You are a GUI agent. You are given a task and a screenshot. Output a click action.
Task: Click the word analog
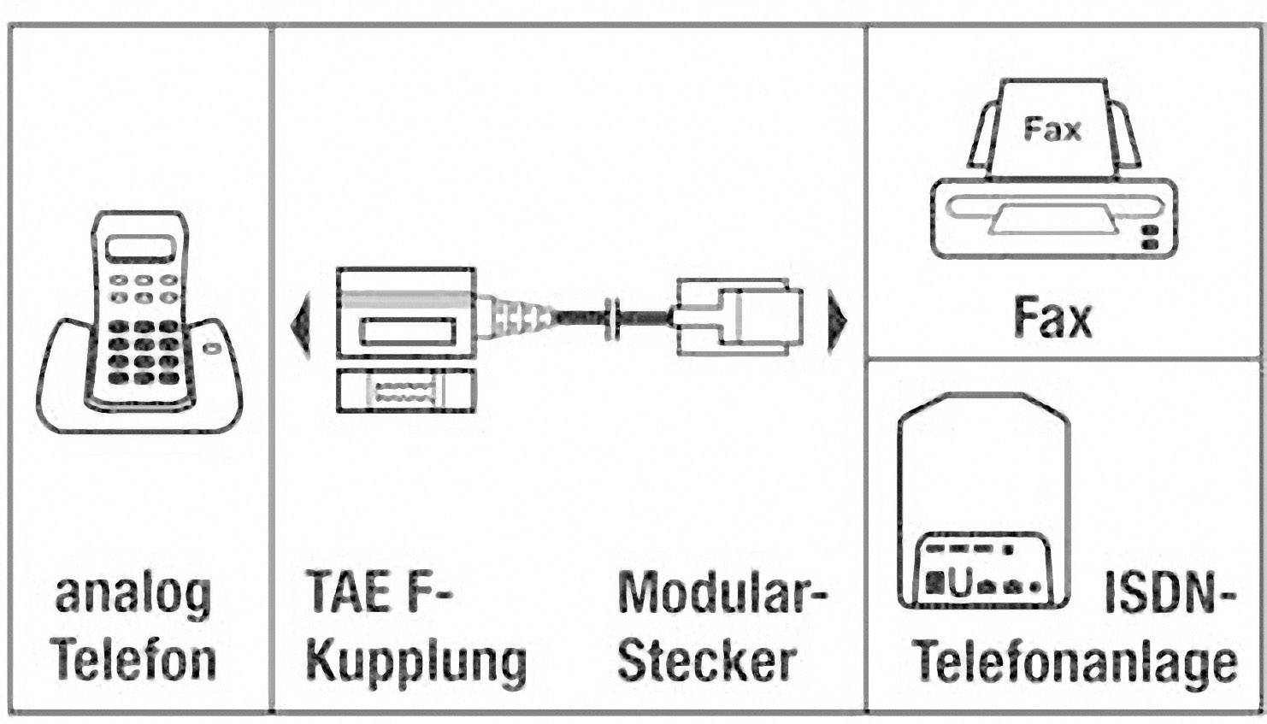coord(133,595)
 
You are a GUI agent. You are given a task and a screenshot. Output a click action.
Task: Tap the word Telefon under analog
coord(133,661)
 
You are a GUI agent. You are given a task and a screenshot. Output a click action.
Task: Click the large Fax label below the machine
coord(1052,317)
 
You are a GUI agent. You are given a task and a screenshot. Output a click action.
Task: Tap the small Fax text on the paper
coord(1052,130)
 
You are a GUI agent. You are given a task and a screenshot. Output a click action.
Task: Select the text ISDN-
coord(1170,592)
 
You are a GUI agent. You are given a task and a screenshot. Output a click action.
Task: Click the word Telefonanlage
coord(1075,662)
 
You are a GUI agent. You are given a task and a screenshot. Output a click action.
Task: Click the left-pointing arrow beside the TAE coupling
coord(300,324)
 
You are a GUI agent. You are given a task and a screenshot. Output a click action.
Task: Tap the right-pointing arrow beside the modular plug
coord(837,322)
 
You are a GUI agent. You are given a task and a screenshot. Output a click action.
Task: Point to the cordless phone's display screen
coord(140,249)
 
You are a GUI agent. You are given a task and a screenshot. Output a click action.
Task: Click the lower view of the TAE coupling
coord(405,392)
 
